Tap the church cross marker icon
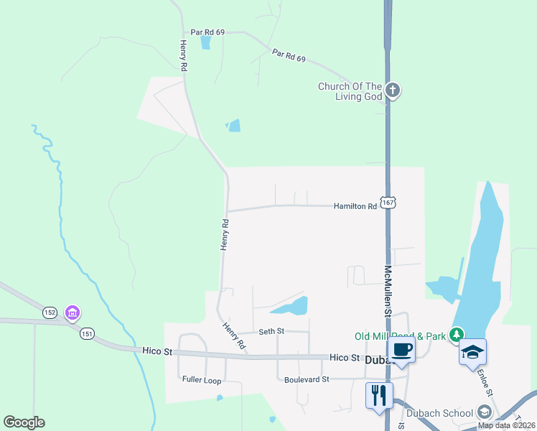(x=392, y=90)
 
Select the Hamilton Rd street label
(x=355, y=206)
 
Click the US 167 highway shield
(x=388, y=203)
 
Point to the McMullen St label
(x=387, y=291)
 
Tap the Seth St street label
(x=271, y=331)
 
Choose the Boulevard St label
(x=306, y=379)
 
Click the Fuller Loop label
(x=201, y=380)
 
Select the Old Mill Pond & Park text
(x=399, y=335)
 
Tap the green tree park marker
(x=455, y=335)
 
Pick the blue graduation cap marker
(x=472, y=352)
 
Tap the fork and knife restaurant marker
(x=379, y=394)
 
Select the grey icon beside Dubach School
(x=485, y=412)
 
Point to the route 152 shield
(x=50, y=312)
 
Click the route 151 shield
(x=87, y=333)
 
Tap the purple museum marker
(x=72, y=313)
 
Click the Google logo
(x=24, y=422)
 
